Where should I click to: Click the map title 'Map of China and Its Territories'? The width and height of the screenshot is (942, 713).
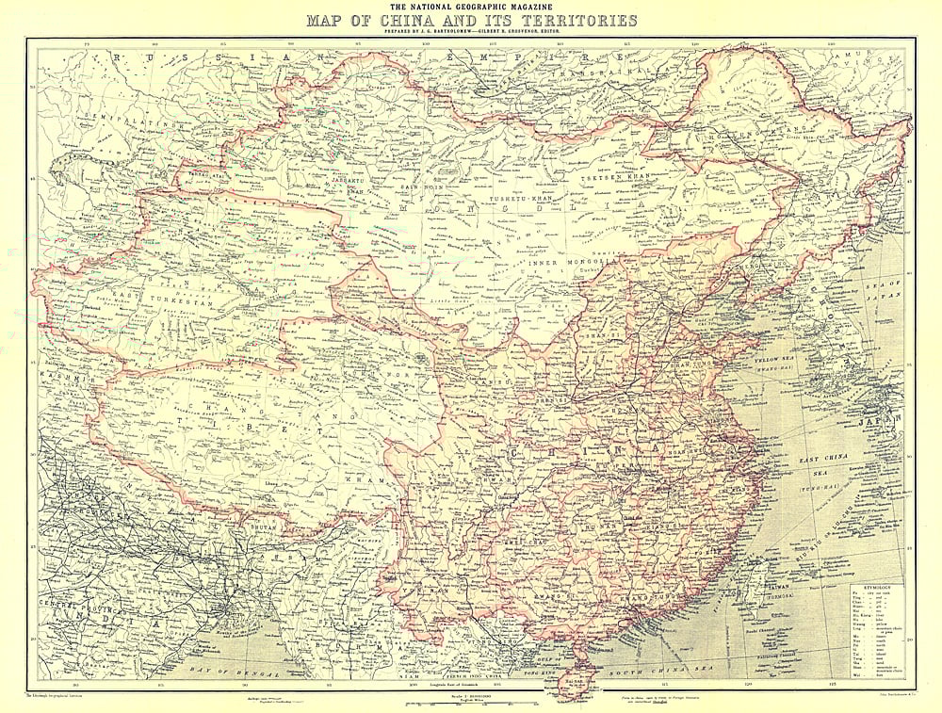click(471, 20)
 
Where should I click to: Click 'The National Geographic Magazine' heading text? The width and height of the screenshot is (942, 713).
click(471, 7)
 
